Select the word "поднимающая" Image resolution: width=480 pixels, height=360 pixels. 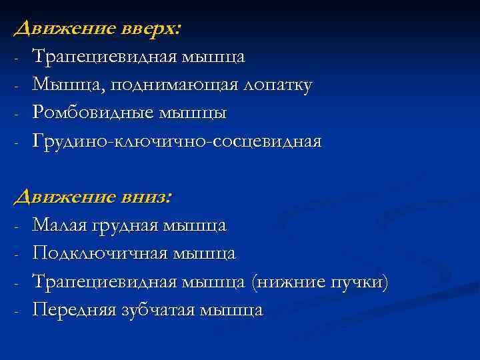[170, 85]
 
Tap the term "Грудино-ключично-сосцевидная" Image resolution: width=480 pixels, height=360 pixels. [177, 141]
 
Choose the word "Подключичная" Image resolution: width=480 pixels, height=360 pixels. [99, 253]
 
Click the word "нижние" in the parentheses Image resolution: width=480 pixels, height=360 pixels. [290, 282]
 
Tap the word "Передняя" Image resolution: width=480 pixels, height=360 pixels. [75, 310]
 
